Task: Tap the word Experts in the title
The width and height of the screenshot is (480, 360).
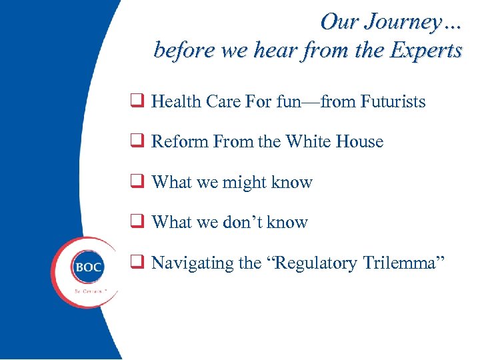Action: coord(424,51)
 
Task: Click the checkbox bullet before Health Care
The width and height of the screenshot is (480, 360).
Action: coord(139,101)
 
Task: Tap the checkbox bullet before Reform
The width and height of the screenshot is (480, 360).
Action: coord(139,141)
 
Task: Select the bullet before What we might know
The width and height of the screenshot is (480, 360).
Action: coord(139,182)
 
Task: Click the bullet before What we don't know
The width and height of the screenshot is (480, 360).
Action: coord(139,222)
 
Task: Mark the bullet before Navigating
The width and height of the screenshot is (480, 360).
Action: coord(139,263)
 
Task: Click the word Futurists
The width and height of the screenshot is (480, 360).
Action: coord(393,101)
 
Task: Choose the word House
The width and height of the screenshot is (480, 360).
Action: coord(361,141)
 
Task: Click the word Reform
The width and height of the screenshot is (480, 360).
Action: coord(175,141)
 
